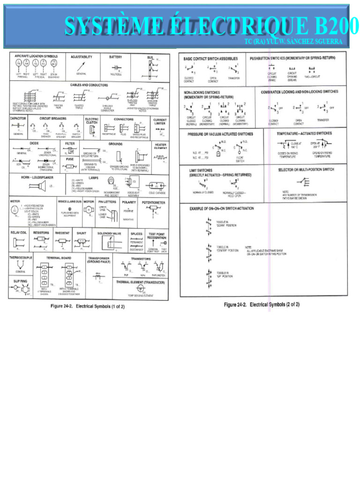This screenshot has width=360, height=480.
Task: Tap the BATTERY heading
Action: pyautogui.click(x=116, y=57)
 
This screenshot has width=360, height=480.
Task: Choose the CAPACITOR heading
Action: pyautogui.click(x=18, y=119)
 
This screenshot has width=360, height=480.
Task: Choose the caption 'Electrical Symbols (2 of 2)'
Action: pyautogui.click(x=262, y=305)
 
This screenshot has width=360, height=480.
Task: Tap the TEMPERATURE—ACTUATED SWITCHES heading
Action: pyautogui.click(x=304, y=133)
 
